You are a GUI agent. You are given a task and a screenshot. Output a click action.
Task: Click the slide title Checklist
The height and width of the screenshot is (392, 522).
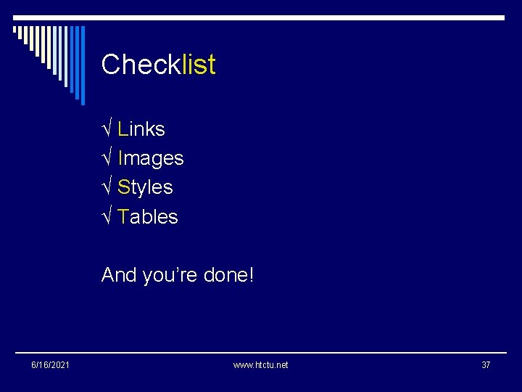coord(158,65)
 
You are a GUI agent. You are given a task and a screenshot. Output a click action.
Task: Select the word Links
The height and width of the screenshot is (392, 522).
coord(141,129)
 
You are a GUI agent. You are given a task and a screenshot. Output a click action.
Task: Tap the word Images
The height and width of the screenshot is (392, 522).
coord(151,158)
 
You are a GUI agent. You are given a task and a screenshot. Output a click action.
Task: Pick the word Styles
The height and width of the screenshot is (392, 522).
coord(145,187)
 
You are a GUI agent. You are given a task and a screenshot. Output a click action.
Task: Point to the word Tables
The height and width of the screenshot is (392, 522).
coord(148,216)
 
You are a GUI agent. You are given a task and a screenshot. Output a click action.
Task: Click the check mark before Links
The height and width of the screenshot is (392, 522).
coord(107,129)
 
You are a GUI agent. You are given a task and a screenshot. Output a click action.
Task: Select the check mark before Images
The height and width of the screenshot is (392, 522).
coord(107,158)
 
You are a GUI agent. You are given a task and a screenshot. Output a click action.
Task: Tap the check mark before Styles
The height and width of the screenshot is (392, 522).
coord(107,187)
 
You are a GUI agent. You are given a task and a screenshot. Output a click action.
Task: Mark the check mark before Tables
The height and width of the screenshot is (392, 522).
coord(107,216)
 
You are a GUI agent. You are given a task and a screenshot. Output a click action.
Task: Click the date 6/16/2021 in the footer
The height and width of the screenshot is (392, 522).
coord(50,364)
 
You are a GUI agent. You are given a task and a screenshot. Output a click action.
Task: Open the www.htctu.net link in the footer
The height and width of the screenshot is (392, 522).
coord(260,364)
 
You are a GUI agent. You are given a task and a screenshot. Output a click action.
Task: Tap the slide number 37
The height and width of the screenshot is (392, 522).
coord(486,364)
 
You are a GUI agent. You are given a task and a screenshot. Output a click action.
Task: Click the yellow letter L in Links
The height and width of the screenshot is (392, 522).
coord(123,129)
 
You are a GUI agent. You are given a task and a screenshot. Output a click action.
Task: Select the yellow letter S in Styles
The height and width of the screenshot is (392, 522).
coord(123,187)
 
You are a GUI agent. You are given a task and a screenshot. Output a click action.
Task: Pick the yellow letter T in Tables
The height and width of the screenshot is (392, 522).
coord(123,216)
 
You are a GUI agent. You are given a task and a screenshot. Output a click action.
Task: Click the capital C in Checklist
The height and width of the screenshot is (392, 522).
coord(111,65)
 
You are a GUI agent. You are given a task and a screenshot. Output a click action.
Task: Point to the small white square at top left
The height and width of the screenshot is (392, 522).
coord(15,30)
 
